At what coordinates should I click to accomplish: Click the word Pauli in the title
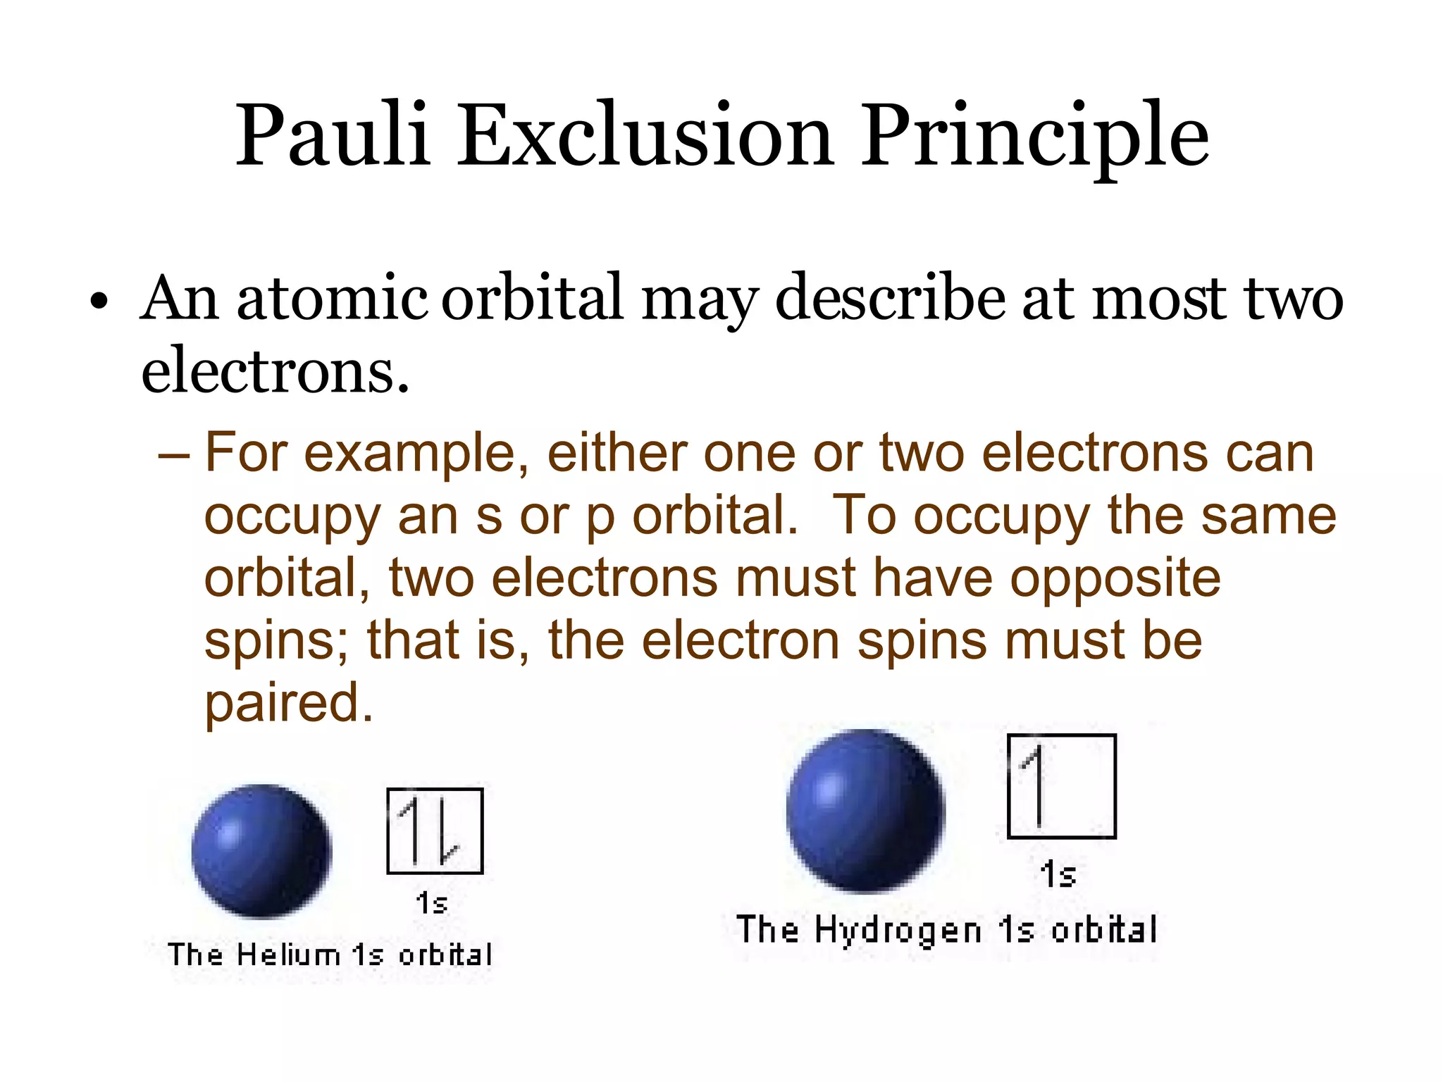point(333,135)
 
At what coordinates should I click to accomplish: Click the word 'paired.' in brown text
point(288,703)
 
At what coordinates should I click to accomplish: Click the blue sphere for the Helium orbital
point(261,851)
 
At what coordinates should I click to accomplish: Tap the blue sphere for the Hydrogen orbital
point(866,810)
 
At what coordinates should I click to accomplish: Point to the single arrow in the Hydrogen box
point(1037,786)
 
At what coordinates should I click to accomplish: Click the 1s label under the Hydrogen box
point(1058,875)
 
